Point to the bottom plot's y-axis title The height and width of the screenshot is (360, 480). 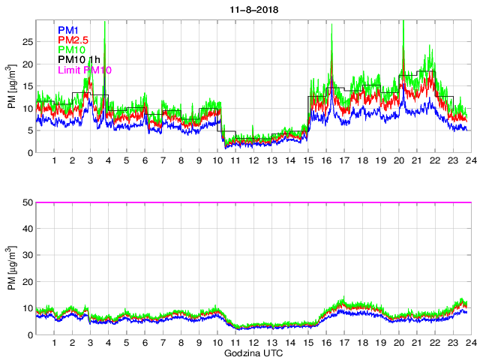pos(11,268)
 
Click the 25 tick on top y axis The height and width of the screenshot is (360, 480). pos(28,42)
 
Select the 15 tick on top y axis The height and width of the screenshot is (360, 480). pos(28,86)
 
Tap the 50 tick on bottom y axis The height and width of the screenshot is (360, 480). pos(28,202)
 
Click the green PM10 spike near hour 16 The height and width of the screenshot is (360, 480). pos(331,30)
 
